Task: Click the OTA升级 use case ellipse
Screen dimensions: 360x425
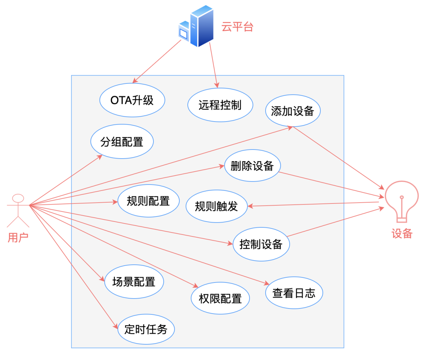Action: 132,100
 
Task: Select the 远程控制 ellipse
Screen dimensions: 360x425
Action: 220,105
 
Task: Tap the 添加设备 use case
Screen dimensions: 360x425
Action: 292,111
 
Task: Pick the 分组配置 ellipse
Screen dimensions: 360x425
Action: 122,142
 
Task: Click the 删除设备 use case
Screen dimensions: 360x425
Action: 252,165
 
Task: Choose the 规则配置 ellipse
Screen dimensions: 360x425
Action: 148,201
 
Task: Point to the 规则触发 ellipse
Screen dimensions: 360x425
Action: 216,206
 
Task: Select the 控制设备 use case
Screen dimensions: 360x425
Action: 261,244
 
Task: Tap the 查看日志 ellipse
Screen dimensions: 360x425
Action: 294,293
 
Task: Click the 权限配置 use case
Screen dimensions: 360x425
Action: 220,298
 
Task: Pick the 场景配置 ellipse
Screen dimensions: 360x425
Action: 134,282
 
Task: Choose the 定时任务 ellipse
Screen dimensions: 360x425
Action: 146,329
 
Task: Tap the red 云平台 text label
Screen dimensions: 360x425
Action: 237,27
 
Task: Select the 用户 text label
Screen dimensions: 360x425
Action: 18,237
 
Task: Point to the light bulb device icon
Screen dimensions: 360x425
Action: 401,198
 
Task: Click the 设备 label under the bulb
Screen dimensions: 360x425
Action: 402,234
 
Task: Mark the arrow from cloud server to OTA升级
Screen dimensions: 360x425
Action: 157,60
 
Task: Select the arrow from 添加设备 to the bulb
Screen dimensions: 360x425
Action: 338,157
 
